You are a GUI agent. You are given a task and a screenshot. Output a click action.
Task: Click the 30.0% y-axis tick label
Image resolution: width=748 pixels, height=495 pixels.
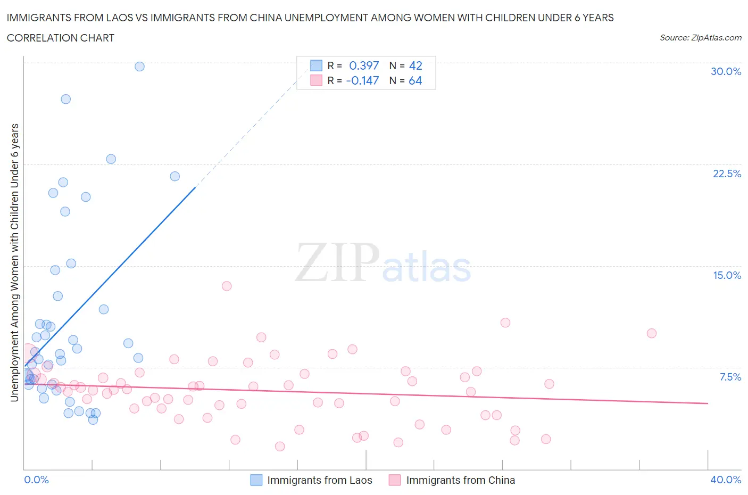[726, 71]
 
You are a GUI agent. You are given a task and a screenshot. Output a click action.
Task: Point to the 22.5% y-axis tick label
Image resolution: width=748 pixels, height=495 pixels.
[727, 174]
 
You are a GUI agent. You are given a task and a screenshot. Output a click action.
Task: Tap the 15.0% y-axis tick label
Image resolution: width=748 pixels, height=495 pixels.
[727, 275]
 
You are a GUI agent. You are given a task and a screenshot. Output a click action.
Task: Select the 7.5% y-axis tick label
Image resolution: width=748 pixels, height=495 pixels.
[730, 377]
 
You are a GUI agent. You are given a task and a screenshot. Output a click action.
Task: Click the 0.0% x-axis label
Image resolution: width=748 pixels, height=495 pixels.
[36, 480]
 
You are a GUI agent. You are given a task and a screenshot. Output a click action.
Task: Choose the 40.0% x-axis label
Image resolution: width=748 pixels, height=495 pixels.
[726, 480]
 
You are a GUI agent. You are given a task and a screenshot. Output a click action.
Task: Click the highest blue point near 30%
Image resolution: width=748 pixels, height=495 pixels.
[139, 67]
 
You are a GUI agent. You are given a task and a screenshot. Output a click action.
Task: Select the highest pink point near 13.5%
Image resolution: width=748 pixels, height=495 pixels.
[227, 286]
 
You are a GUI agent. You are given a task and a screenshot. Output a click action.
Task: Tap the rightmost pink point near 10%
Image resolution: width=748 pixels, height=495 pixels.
[651, 333]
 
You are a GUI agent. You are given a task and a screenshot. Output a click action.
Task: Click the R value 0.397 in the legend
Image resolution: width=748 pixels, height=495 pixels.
[364, 65]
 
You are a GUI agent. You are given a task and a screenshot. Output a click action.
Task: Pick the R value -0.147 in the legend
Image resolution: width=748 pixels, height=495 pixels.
[362, 80]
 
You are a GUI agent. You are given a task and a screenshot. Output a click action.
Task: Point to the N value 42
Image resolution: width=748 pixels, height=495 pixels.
[415, 65]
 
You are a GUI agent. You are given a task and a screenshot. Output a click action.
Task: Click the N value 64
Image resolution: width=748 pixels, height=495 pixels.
[415, 80]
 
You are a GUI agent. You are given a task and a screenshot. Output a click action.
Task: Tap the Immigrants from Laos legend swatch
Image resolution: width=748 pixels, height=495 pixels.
[256, 480]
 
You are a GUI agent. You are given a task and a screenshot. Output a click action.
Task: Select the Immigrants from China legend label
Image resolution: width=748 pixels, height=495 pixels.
[460, 480]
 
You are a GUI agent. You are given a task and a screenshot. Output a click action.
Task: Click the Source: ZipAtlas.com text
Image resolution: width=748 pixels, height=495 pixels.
[700, 38]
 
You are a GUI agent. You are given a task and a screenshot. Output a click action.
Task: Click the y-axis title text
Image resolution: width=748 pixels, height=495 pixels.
[14, 262]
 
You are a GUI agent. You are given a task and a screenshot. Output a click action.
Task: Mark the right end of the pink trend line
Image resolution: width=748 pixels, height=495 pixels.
[708, 403]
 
